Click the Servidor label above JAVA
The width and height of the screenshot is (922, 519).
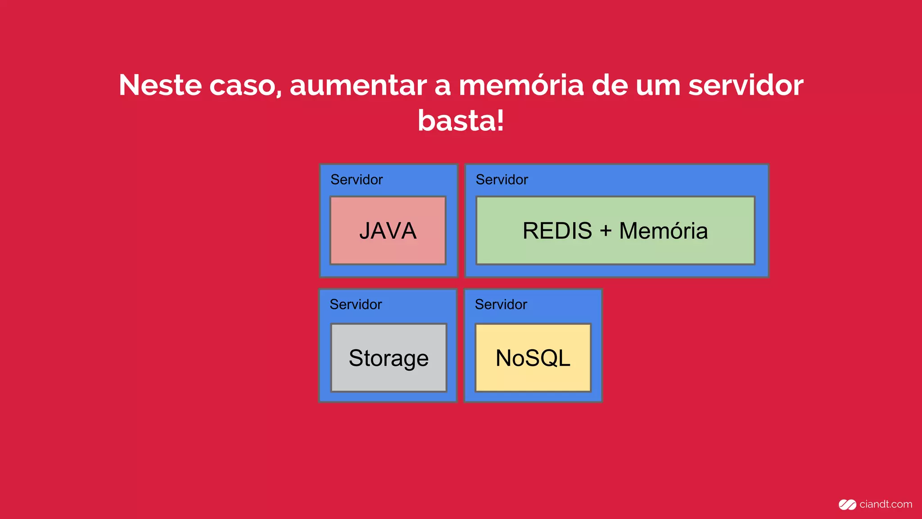tap(357, 180)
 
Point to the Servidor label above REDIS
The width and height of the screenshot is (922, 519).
tap(502, 180)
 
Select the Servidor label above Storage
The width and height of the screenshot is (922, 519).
tap(356, 305)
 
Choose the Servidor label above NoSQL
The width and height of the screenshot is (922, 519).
tap(501, 305)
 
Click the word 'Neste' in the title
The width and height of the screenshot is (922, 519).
tap(160, 85)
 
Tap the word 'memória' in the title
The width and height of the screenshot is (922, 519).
tap(521, 85)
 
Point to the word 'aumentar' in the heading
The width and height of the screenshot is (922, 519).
tap(358, 85)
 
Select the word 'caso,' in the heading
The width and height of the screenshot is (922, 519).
tap(245, 85)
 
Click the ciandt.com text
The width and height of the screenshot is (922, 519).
tap(886, 505)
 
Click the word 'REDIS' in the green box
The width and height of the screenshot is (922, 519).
tap(557, 231)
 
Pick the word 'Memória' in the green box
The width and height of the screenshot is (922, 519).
tap(663, 231)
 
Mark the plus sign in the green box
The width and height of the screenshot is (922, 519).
tap(606, 231)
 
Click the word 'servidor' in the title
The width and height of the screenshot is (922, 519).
tap(746, 85)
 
